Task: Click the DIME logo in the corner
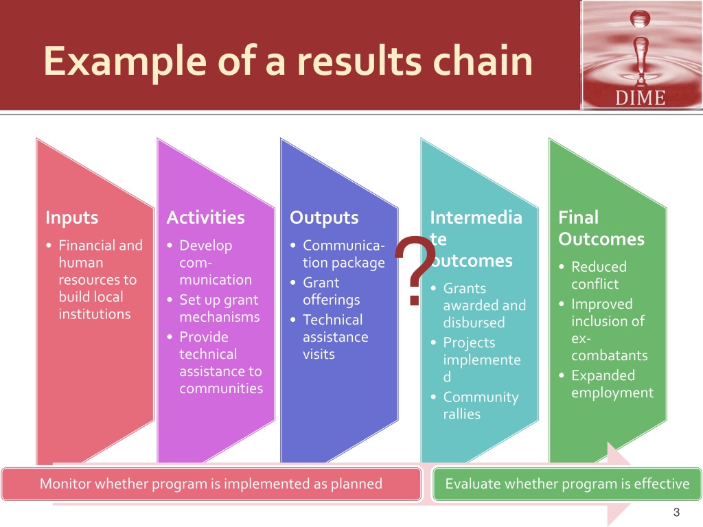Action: [641, 56]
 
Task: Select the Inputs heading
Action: [71, 218]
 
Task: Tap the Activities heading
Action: [205, 218]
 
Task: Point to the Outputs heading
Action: [324, 218]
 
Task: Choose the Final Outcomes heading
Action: [601, 229]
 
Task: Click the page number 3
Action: [676, 512]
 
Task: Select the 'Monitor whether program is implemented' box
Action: [211, 484]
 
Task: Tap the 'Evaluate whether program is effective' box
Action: [567, 484]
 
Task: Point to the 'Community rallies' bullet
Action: [481, 406]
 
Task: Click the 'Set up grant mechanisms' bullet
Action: [219, 308]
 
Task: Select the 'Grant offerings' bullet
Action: [331, 291]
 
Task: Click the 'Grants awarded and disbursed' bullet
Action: [484, 305]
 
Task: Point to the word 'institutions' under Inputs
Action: [95, 314]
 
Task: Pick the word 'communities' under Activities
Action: [221, 388]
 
